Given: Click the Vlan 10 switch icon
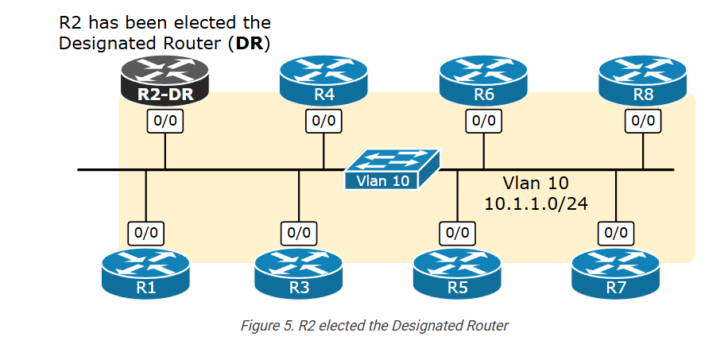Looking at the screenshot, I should [x=391, y=169].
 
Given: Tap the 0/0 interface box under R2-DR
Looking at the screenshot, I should [x=165, y=121].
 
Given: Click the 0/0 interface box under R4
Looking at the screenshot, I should [x=323, y=121].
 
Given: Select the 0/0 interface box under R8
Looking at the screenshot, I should [x=643, y=121].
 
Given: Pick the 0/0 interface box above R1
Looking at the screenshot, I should [x=146, y=233].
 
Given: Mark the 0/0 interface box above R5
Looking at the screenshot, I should [x=457, y=233].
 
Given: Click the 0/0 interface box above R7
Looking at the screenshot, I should [x=616, y=233].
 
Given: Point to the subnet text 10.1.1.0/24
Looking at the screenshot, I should [x=536, y=204].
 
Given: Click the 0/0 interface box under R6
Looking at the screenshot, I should [x=483, y=121].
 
